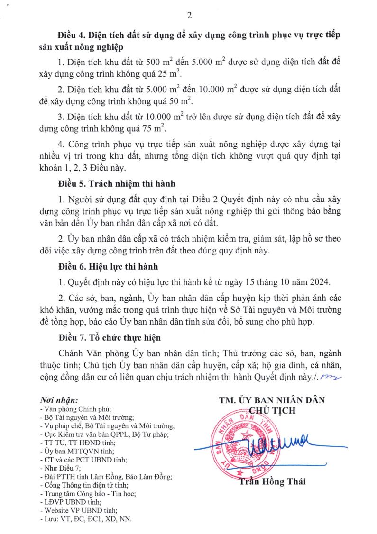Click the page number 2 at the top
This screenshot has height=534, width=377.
189,16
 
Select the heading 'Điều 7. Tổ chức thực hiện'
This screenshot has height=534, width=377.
109,338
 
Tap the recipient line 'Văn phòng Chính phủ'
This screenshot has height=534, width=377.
76,408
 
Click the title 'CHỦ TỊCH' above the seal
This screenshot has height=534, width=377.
272,411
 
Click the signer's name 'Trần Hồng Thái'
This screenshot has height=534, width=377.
272,482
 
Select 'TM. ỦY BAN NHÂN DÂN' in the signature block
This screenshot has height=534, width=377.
272,400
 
